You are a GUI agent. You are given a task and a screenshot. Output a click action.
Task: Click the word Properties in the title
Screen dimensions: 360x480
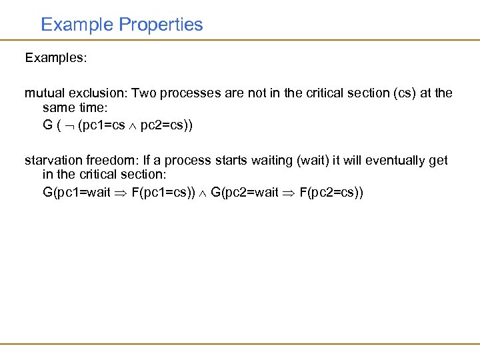point(161,25)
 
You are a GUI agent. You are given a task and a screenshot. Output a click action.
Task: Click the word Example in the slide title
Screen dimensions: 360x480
point(77,25)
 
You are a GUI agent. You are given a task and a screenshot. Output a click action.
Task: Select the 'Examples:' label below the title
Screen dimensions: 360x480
point(56,58)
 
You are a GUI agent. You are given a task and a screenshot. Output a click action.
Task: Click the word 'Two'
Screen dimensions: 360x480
point(143,93)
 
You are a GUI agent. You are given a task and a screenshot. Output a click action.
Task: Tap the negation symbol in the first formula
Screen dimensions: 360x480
point(69,125)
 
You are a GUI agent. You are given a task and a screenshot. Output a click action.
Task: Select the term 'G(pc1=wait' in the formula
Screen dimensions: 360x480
point(76,193)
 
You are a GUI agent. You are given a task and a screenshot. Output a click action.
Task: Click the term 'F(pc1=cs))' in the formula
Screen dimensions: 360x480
point(164,193)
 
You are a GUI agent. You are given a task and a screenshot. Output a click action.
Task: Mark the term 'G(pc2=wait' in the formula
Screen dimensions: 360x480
point(244,193)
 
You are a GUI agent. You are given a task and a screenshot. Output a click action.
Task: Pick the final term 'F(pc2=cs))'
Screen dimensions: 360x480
point(332,193)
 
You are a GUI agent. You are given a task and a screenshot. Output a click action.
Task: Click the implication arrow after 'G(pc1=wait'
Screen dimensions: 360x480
point(121,194)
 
